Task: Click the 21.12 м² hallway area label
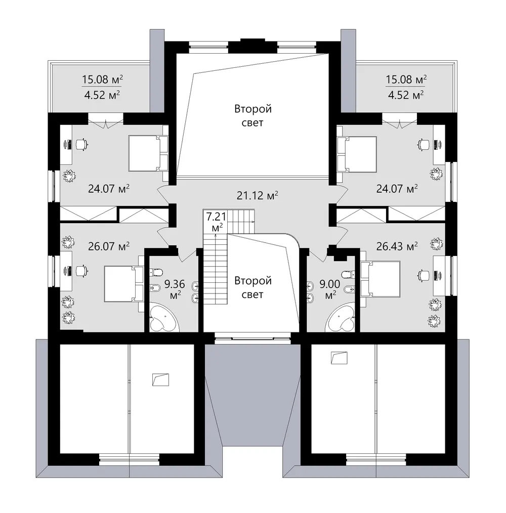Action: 257,195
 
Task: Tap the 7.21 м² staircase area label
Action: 216,222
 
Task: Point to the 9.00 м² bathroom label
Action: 330,289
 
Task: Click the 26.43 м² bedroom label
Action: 397,246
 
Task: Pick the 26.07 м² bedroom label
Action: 109,246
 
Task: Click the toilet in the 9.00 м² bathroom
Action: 348,274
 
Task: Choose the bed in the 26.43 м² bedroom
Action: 381,279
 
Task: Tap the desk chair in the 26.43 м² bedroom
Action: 424,276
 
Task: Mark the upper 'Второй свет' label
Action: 252,115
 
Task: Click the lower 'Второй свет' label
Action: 252,287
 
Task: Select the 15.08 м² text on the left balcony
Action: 102,79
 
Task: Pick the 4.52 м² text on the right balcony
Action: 406,95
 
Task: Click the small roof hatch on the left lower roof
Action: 161,380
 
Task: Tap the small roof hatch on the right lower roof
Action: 339,358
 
